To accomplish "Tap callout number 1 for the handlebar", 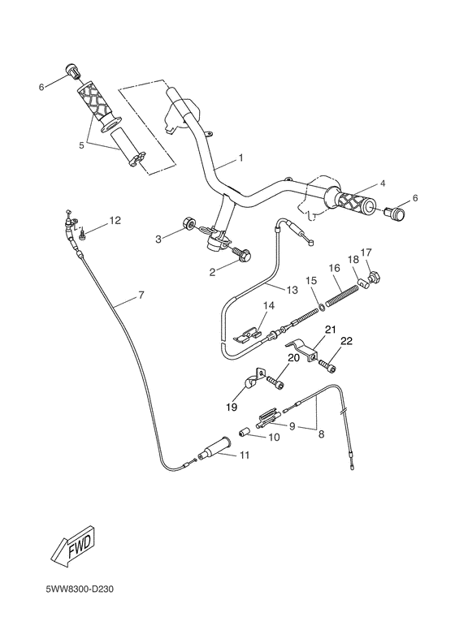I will click(240, 156).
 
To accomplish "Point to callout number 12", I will click(115, 220).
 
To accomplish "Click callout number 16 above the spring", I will click(334, 268).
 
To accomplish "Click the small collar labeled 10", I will click(243, 431).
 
